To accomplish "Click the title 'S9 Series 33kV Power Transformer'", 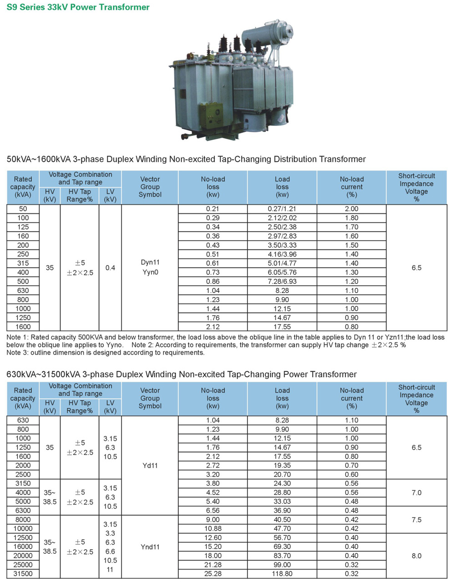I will tap(78, 7).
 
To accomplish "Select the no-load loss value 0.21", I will tap(212, 209).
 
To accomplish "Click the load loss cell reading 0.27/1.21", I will tap(282, 209).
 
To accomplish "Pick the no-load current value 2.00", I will tap(351, 209).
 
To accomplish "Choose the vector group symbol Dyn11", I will tap(150, 263).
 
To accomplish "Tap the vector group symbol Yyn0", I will tap(150, 273).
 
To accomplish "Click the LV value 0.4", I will tap(110, 268).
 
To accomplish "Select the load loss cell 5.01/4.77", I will tap(282, 263).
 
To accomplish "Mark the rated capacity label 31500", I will tap(23, 574).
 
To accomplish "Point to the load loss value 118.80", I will tap(282, 574).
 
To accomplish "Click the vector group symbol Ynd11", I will tap(150, 547).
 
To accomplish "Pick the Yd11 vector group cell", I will tap(150, 465).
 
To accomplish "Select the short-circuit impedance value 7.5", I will tap(416, 520).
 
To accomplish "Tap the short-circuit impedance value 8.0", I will tap(416, 556).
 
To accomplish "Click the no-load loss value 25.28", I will tap(212, 574).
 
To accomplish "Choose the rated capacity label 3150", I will tap(23, 483).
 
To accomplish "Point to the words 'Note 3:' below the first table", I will tap(18, 353).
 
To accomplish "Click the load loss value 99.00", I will tap(282, 565).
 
